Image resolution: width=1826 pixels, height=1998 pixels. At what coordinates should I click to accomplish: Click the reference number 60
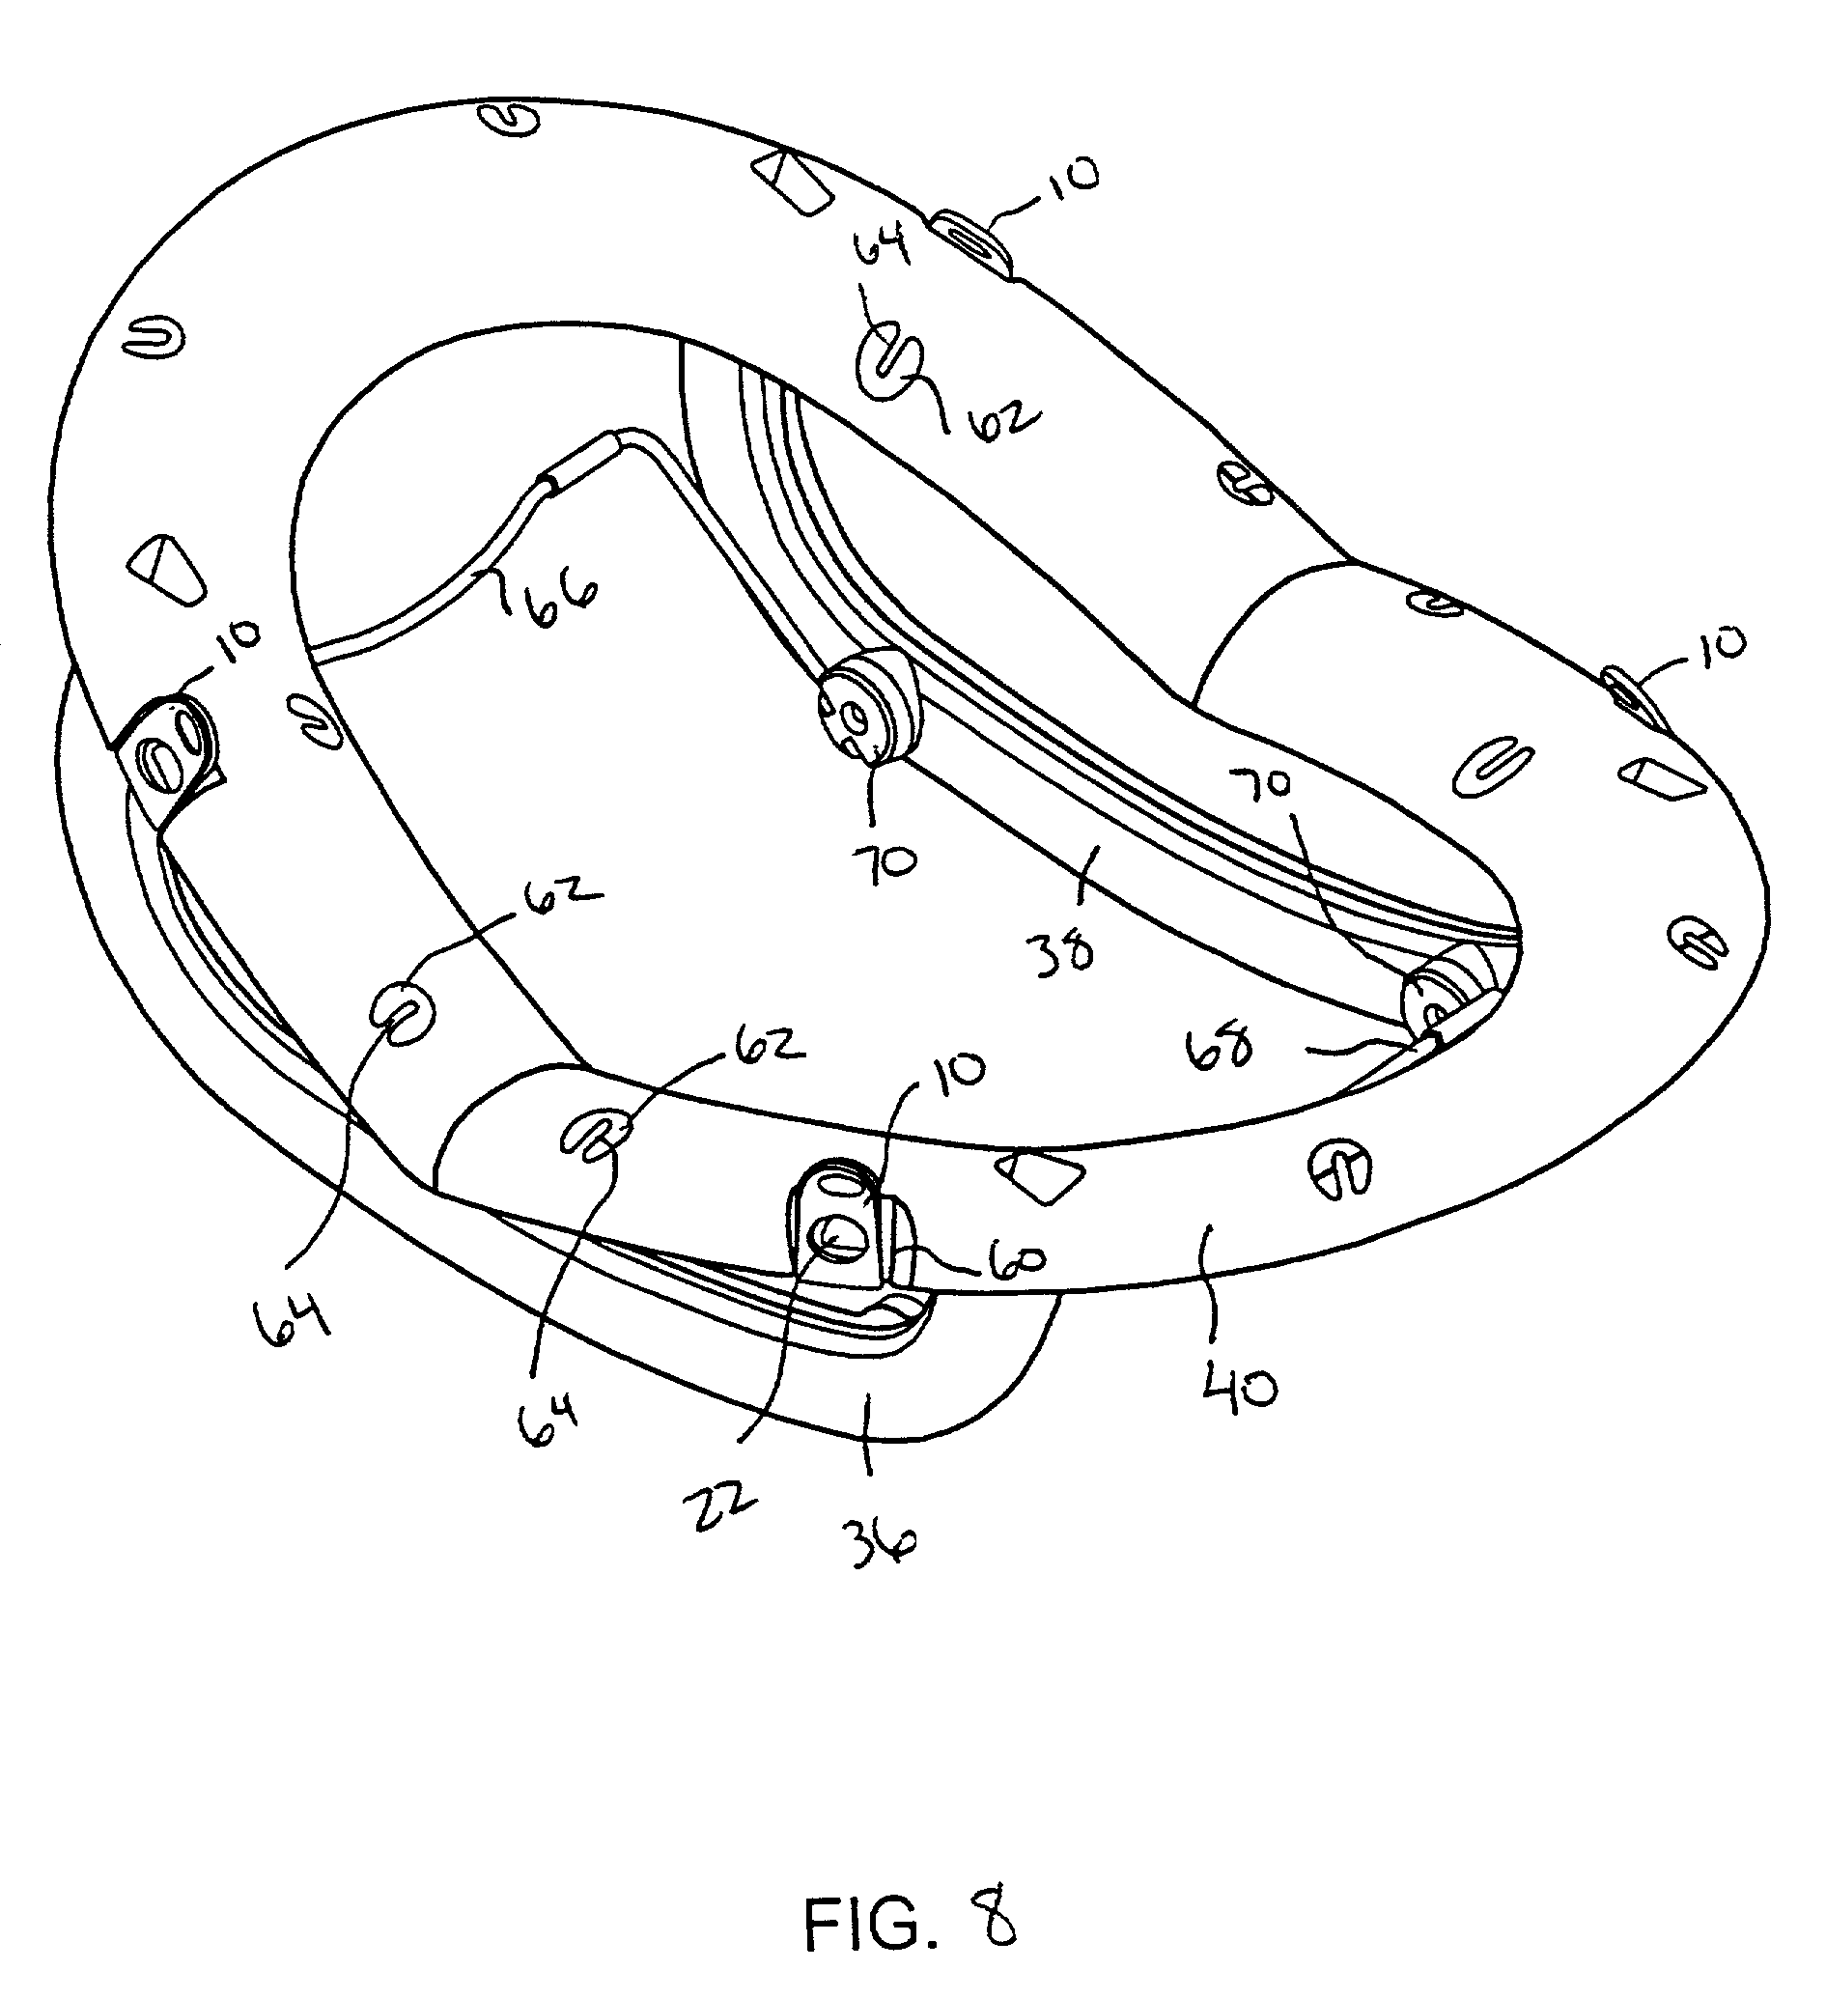(x=1013, y=1260)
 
